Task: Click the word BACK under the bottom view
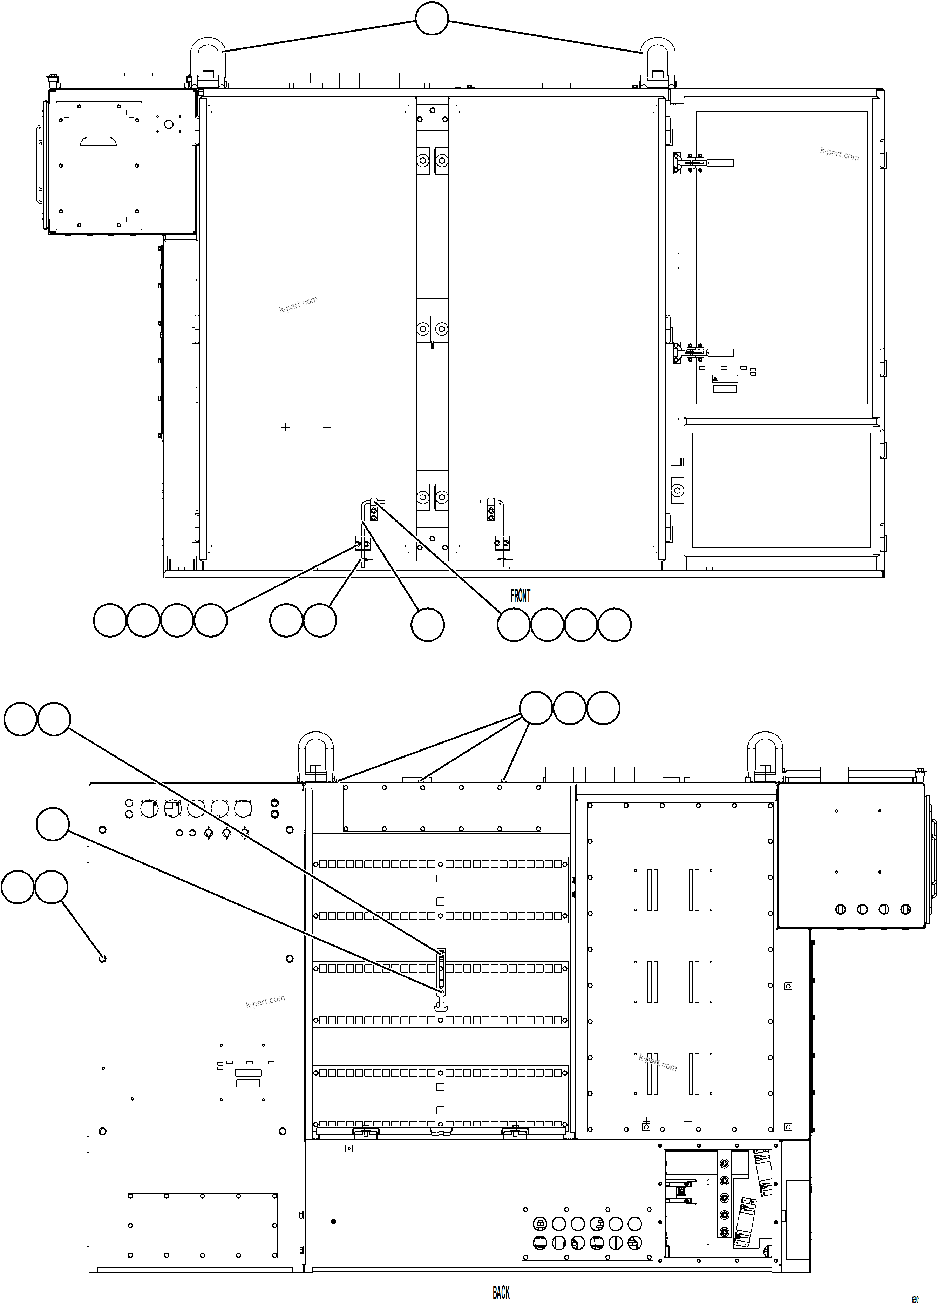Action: point(501,1292)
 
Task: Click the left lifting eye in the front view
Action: point(207,60)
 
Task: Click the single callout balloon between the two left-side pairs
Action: point(52,824)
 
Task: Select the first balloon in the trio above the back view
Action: point(536,708)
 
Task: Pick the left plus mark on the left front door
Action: point(285,427)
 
